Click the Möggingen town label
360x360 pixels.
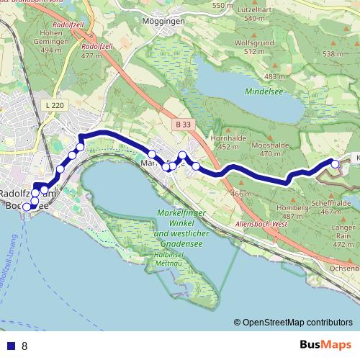(165, 22)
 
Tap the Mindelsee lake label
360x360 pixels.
(276, 93)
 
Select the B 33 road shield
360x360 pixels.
(182, 125)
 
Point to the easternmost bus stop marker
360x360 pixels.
(335, 165)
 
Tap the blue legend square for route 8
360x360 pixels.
(10, 346)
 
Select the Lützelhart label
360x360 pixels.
(262, 14)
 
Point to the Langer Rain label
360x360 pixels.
(343, 235)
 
